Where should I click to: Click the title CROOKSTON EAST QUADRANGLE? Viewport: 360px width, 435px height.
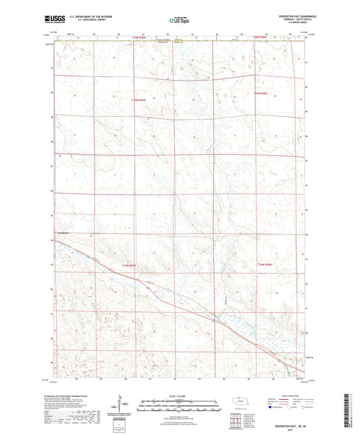pyautogui.click(x=286, y=14)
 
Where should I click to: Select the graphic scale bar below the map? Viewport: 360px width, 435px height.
pyautogui.click(x=180, y=406)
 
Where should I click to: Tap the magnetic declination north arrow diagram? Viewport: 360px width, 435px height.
pyautogui.click(x=120, y=408)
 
